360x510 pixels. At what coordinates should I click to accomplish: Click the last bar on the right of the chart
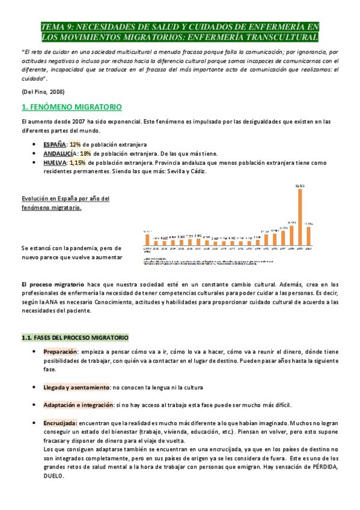pyautogui.click(x=309, y=236)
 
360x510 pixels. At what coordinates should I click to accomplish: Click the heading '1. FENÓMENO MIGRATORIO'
pyautogui.click(x=72, y=106)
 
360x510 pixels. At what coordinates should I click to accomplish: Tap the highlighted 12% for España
pyautogui.click(x=75, y=144)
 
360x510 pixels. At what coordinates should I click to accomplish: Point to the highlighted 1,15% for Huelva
pyautogui.click(x=78, y=162)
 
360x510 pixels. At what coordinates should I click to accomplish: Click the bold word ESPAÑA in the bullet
pyautogui.click(x=55, y=144)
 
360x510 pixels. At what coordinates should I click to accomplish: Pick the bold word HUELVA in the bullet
pyautogui.click(x=55, y=162)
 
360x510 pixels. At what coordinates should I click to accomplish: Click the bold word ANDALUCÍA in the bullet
pyautogui.click(x=59, y=153)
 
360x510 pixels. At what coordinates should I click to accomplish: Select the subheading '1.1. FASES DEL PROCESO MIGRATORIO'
pyautogui.click(x=75, y=337)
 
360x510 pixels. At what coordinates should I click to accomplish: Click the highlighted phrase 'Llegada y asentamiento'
pyautogui.click(x=76, y=387)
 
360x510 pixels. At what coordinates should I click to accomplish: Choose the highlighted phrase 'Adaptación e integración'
pyautogui.click(x=78, y=405)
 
